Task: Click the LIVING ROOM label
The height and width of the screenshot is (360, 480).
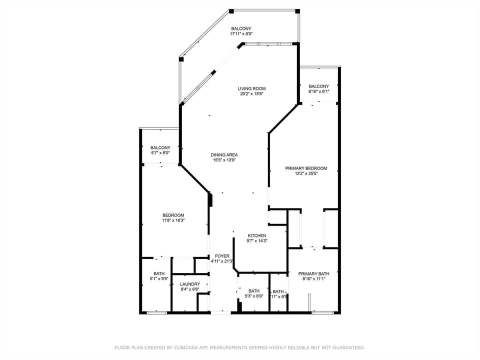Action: click(251, 88)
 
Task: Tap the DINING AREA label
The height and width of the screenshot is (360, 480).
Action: click(224, 155)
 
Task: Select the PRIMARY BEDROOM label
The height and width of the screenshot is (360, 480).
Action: click(306, 168)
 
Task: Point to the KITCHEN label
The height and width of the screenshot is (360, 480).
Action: click(257, 235)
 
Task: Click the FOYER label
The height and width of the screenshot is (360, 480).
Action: click(222, 256)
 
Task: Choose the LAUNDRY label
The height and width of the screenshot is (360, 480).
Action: click(190, 284)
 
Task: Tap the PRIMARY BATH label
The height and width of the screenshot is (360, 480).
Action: click(313, 273)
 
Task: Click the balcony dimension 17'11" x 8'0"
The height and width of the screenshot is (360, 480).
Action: click(241, 34)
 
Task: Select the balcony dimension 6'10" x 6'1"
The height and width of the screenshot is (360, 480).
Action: click(318, 91)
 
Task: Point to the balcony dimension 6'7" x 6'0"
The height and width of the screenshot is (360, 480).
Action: click(160, 153)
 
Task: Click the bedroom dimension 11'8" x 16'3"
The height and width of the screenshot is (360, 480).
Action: click(173, 220)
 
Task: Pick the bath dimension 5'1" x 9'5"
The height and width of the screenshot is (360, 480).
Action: click(159, 279)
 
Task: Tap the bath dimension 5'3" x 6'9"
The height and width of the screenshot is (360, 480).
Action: click(254, 296)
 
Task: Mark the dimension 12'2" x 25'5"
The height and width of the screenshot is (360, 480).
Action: click(306, 174)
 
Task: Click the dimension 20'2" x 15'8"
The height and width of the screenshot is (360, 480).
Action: click(251, 94)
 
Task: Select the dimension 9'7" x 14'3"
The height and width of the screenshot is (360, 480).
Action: click(257, 241)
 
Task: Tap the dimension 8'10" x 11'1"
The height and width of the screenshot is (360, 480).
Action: click(313, 279)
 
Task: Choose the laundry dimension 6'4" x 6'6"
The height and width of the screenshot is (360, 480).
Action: click(190, 289)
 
